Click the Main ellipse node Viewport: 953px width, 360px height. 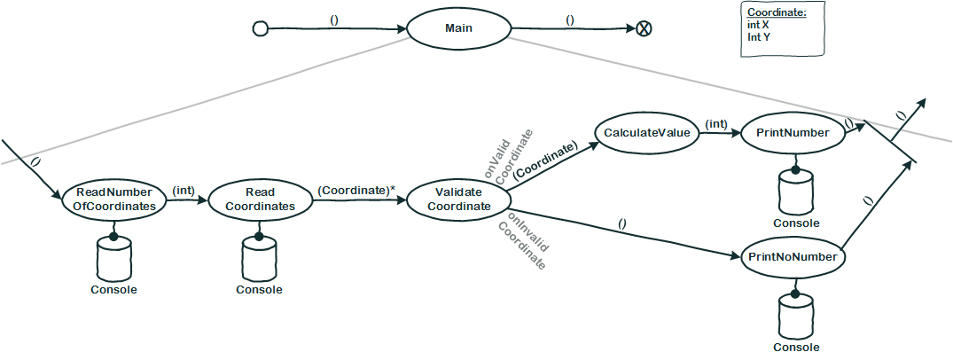click(x=458, y=27)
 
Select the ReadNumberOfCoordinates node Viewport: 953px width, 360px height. click(x=114, y=199)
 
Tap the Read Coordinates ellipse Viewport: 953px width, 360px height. click(x=260, y=199)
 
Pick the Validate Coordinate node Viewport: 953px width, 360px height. click(x=458, y=200)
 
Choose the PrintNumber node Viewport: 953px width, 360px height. click(x=793, y=132)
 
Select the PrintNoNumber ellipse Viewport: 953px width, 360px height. click(x=793, y=257)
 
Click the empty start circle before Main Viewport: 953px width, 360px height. click(x=261, y=28)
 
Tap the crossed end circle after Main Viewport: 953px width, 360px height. click(x=644, y=28)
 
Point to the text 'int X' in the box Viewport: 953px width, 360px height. click(x=758, y=26)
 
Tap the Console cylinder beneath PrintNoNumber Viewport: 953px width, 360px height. click(x=796, y=316)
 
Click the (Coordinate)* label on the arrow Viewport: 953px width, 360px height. click(x=355, y=190)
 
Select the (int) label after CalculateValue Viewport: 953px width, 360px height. click(x=716, y=123)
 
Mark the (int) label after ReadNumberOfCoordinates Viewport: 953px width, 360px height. click(x=184, y=190)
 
